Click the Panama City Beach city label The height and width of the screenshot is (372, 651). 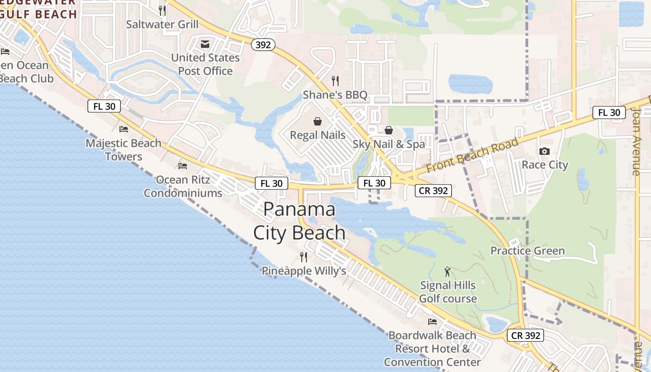pyautogui.click(x=299, y=221)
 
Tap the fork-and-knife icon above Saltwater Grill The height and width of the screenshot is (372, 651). pyautogui.click(x=162, y=10)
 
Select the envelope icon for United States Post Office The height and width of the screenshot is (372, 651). pyautogui.click(x=205, y=44)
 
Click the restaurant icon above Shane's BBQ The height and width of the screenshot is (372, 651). pyautogui.click(x=335, y=81)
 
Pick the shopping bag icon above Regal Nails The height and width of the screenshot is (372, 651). pyautogui.click(x=318, y=122)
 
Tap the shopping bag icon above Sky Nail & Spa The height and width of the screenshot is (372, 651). pyautogui.click(x=389, y=131)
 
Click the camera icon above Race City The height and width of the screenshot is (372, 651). pyautogui.click(x=545, y=151)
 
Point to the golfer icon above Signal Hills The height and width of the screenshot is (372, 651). pyautogui.click(x=447, y=272)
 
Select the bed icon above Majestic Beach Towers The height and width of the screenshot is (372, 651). pyautogui.click(x=124, y=129)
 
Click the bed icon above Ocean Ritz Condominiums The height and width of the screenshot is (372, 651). pyautogui.click(x=183, y=166)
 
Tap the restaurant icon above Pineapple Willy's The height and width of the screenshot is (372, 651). pyautogui.click(x=304, y=257)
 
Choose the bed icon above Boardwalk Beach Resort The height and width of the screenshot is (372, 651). pyautogui.click(x=432, y=321)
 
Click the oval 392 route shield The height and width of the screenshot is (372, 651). pyautogui.click(x=263, y=45)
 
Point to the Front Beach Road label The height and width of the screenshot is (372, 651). pyautogui.click(x=472, y=156)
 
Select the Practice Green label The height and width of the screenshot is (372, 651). pyautogui.click(x=527, y=251)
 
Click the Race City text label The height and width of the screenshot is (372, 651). pyautogui.click(x=545, y=165)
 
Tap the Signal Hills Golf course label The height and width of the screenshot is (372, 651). pyautogui.click(x=448, y=292)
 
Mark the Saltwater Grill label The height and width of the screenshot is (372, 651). pyautogui.click(x=162, y=24)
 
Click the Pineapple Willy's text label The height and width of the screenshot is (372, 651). pyautogui.click(x=304, y=271)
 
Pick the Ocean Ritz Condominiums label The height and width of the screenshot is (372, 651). pyautogui.click(x=183, y=186)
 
